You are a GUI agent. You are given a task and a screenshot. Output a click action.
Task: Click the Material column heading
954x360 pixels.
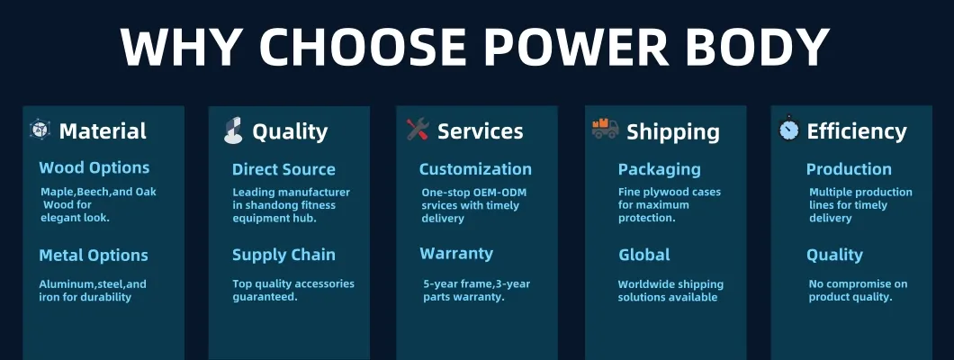103,130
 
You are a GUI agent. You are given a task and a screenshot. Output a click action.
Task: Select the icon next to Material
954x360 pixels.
40,130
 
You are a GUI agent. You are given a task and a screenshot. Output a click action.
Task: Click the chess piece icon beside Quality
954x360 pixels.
233,130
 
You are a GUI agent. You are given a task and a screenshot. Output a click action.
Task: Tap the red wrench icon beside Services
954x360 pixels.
418,130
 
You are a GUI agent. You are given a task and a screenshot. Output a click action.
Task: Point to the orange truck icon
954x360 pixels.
606,129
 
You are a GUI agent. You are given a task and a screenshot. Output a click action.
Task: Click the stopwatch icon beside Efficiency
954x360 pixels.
788,129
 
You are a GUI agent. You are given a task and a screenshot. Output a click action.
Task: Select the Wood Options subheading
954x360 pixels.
94,167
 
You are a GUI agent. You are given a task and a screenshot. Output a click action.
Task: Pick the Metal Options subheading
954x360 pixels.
94,256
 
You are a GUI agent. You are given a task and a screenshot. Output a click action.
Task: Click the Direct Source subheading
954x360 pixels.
283,170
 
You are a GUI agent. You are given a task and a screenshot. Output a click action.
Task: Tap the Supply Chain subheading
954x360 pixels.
283,256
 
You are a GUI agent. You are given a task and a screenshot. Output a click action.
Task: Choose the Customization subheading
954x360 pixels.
475,169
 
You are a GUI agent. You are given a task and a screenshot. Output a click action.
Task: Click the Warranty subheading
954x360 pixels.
456,254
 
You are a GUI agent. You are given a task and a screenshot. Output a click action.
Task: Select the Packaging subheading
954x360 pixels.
660,170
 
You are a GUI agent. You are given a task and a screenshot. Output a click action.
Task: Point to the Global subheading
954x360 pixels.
644,255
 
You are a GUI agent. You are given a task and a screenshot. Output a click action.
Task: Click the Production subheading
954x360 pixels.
849,169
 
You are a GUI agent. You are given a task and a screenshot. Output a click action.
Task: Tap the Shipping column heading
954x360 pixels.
673,132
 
